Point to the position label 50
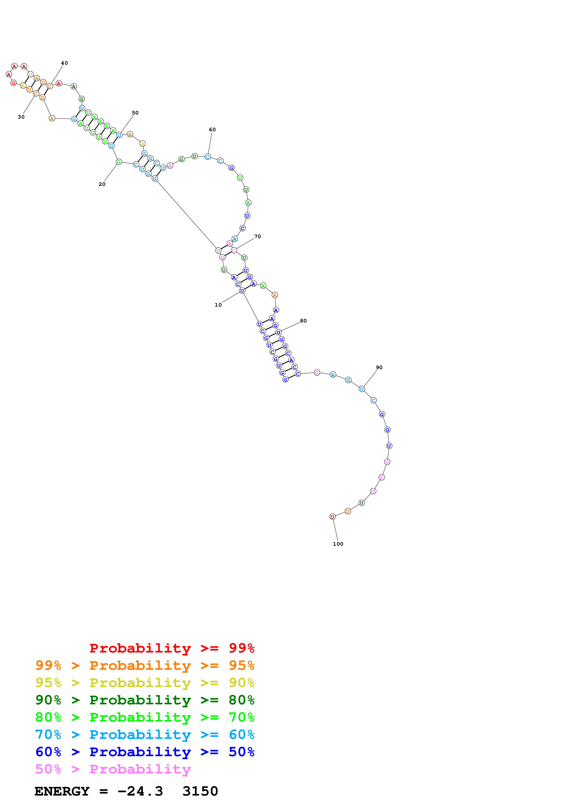[x=135, y=113]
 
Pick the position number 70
[x=258, y=237]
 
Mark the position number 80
[x=303, y=321]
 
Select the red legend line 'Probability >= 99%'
[x=172, y=648]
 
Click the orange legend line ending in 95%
[x=145, y=665]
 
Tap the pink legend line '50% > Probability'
[x=113, y=769]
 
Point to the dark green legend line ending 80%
[x=145, y=700]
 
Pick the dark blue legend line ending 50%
[x=145, y=752]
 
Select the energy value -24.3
[x=140, y=791]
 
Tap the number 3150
[x=200, y=791]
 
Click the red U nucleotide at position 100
[x=332, y=517]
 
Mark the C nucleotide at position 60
[x=208, y=157]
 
